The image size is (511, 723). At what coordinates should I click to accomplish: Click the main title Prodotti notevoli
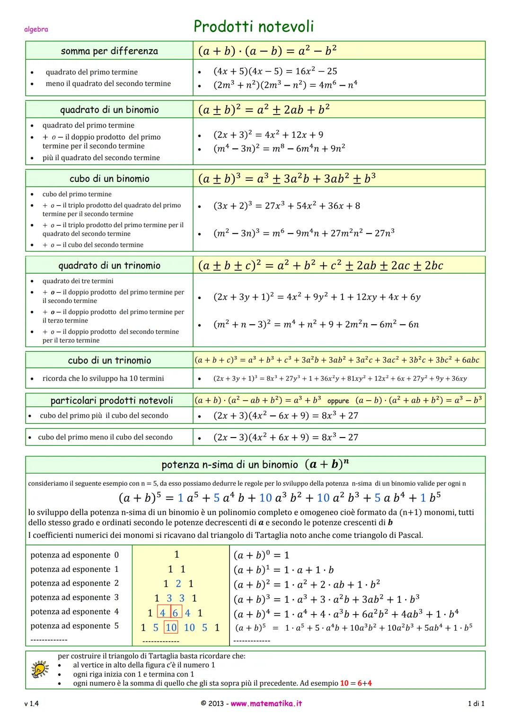point(254,27)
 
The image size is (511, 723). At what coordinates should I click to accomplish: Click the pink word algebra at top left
point(36,29)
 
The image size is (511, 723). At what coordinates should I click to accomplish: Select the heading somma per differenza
point(109,51)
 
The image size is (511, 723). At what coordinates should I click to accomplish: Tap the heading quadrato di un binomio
point(109,110)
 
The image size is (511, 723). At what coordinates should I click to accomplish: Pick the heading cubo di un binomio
point(109,179)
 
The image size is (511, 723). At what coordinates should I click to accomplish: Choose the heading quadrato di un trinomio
point(109,265)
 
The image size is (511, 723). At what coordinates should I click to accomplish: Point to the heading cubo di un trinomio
point(109,360)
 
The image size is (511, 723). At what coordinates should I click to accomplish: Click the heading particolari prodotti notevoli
point(112,401)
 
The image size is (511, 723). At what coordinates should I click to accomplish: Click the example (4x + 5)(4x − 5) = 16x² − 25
point(275,71)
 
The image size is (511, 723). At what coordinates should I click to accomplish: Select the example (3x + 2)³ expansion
point(286,205)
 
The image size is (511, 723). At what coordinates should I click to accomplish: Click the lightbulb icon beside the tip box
point(40,669)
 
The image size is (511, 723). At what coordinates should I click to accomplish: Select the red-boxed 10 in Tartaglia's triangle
point(171,627)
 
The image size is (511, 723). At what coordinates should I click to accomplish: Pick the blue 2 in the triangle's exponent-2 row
point(178,584)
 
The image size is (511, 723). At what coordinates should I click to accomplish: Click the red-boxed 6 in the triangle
point(175,613)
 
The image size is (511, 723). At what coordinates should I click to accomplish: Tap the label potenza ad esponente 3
point(75,598)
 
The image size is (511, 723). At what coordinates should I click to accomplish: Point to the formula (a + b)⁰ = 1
point(261,555)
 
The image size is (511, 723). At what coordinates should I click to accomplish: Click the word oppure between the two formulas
point(338,401)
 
